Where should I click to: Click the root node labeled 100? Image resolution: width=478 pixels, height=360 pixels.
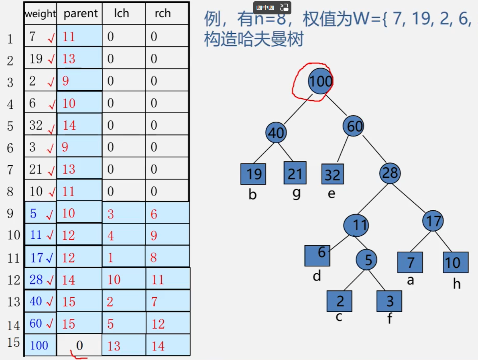coord(320,81)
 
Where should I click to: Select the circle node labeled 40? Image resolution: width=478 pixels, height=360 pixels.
coord(276,133)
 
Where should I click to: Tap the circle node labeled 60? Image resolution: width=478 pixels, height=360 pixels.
coord(354,126)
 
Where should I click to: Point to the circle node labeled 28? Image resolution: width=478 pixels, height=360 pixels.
coord(390,173)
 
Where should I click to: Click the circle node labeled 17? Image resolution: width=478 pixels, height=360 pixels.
coord(433,221)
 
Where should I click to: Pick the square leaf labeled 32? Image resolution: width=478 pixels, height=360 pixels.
coord(332,175)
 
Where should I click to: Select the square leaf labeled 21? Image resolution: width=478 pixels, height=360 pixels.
coord(295,173)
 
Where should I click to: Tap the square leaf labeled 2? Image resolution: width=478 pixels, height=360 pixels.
coord(340,301)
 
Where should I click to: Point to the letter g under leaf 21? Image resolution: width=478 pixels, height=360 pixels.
coord(296,193)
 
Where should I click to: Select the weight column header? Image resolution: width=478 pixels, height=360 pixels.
coord(40,14)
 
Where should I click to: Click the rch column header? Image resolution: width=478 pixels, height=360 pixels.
coord(163,13)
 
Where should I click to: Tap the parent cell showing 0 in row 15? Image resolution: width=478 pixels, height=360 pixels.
coord(79,345)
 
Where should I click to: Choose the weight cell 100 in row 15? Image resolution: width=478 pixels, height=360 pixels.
coord(39,345)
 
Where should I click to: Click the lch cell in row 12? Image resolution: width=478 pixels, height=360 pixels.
coord(123,279)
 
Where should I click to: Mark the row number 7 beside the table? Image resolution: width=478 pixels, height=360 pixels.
coord(10,170)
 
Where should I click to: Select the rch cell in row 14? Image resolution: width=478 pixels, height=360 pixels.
coord(167,323)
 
